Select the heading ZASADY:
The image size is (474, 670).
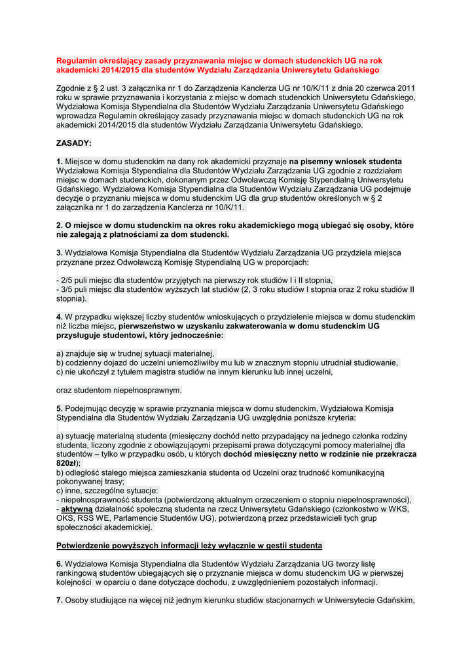coord(74,143)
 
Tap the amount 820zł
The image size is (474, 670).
coord(68,463)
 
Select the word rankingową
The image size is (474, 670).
coord(78,573)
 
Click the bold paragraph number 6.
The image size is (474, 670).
coord(59,563)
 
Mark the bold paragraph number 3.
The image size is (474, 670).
coord(59,253)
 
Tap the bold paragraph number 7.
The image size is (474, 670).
coord(59,600)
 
